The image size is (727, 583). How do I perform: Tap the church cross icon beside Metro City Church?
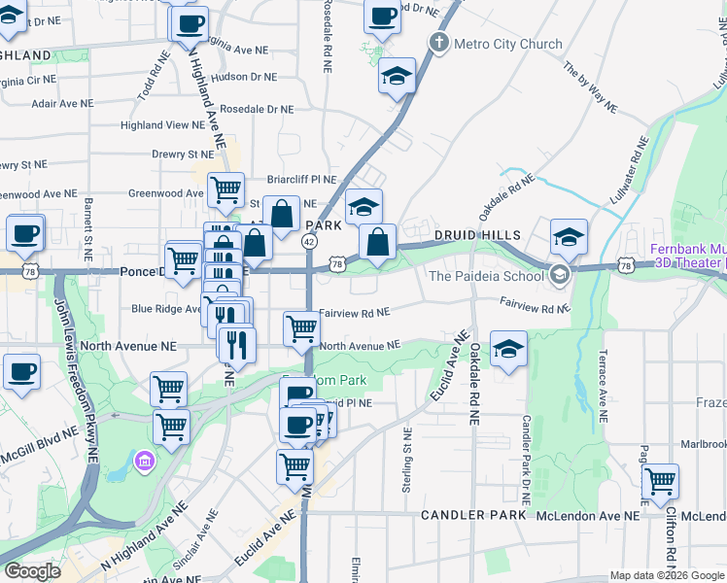[x=439, y=43]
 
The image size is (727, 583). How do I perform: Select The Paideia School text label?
[x=487, y=276]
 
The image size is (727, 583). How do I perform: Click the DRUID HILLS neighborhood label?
[x=478, y=235]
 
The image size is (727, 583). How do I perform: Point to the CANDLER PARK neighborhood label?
[x=473, y=514]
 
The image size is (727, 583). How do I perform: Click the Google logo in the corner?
[x=32, y=571]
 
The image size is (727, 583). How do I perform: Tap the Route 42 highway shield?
[x=309, y=241]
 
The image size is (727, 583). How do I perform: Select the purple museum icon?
[x=145, y=459]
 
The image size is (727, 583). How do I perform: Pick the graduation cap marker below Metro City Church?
[x=397, y=76]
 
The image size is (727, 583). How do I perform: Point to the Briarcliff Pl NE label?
[x=301, y=180]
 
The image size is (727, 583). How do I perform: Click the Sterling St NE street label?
[x=407, y=461]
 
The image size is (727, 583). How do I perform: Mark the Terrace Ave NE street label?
[x=604, y=388]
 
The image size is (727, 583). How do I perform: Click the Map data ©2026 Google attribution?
[x=666, y=575]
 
